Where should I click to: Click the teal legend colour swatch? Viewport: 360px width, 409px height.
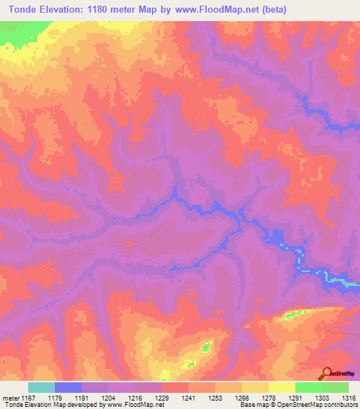pos(41,387)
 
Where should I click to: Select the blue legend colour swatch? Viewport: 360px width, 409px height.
pos(68,387)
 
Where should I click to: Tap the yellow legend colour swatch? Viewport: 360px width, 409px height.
pos(282,387)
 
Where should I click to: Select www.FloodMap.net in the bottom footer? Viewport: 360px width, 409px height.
pos(131,405)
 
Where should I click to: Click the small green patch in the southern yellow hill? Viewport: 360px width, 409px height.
pos(205,346)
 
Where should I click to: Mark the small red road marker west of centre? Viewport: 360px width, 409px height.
pos(128,244)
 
